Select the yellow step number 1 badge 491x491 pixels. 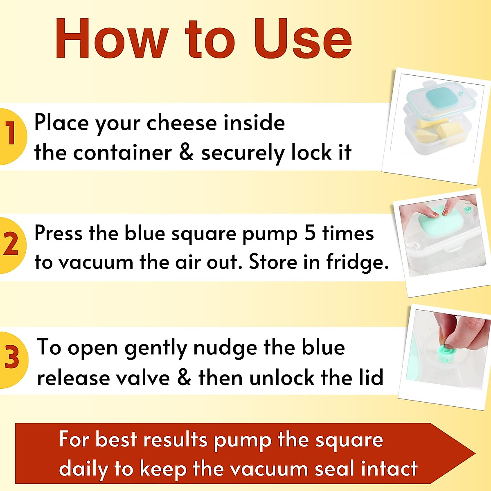[11, 135]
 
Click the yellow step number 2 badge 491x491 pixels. [11, 245]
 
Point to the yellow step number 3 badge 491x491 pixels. [12, 358]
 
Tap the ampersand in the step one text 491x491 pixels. [186, 152]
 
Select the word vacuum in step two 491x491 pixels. [96, 262]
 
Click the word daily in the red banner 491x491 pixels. [83, 469]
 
